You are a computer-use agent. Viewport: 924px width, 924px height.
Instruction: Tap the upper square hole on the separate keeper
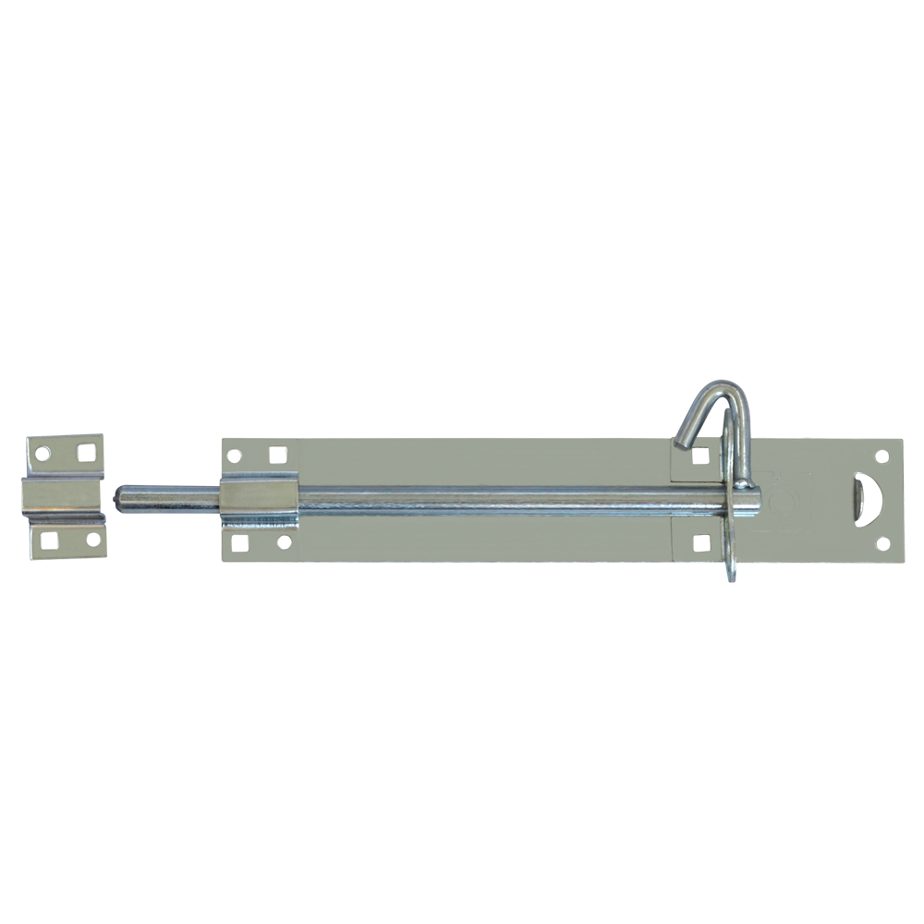pos(85,453)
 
